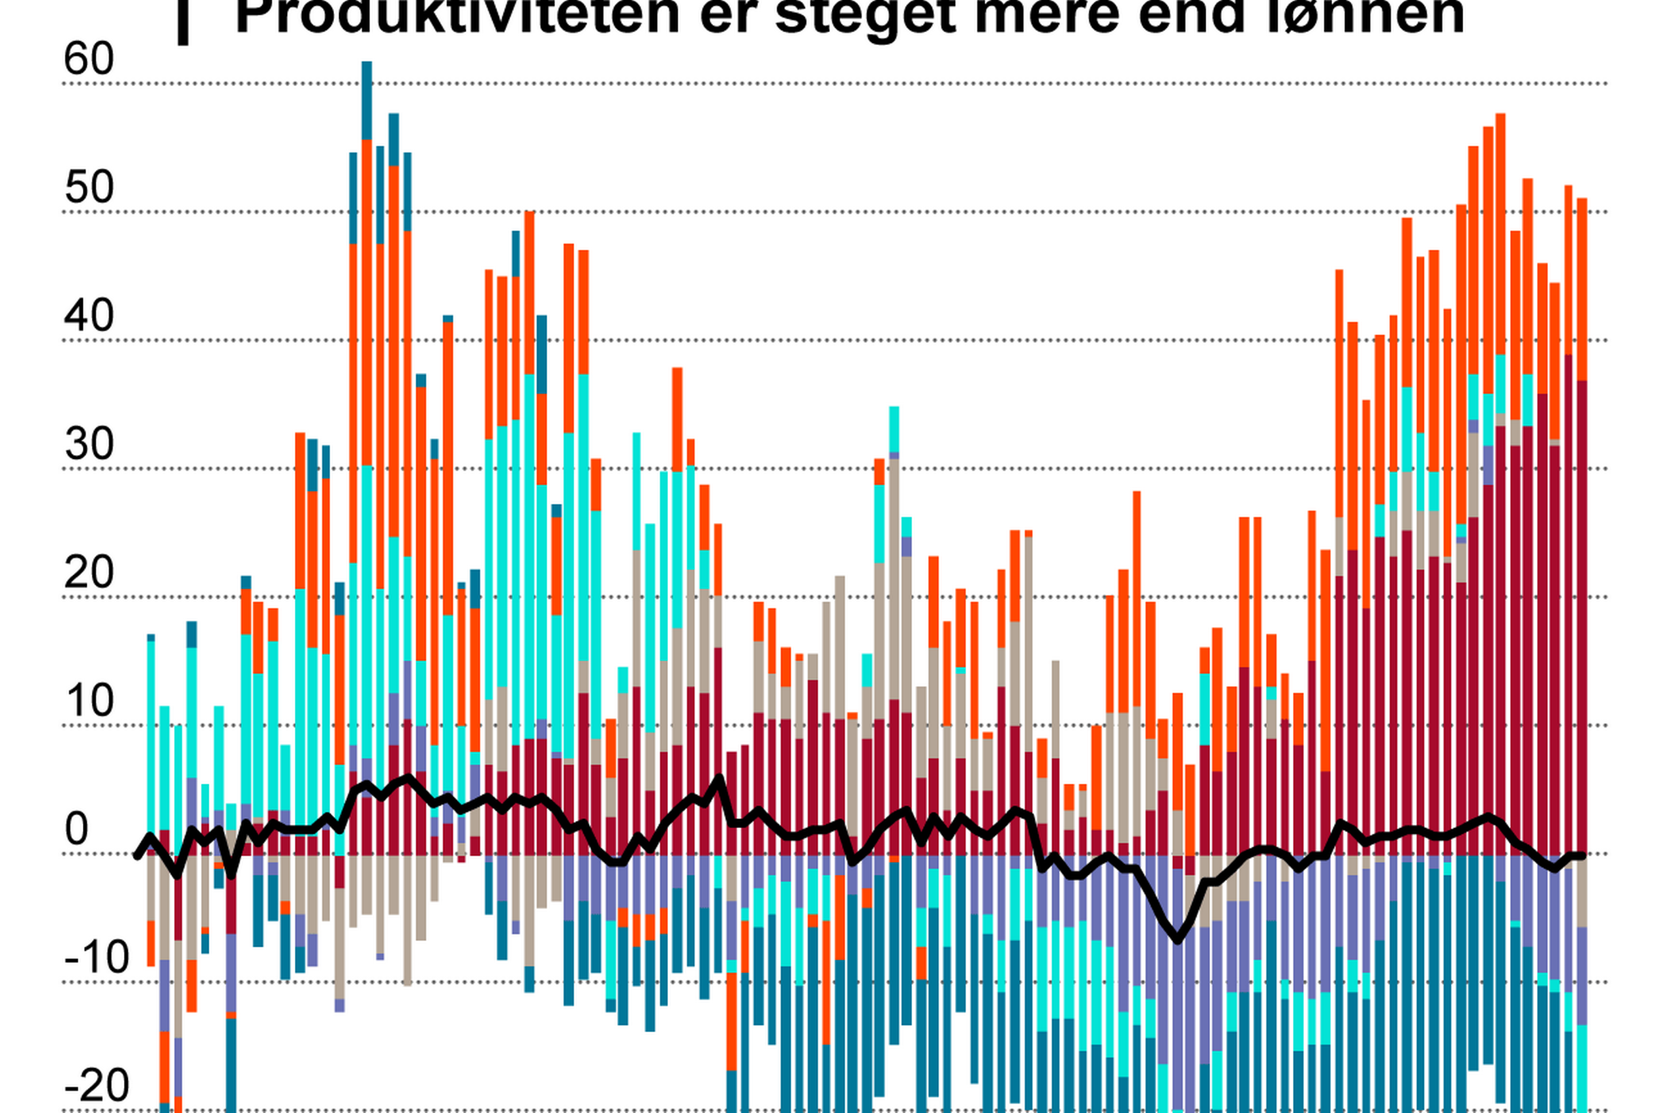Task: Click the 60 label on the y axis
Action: (x=89, y=59)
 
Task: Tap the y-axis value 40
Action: (x=89, y=317)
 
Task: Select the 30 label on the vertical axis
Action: (x=89, y=445)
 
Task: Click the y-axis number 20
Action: (x=89, y=574)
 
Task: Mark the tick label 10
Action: (x=89, y=702)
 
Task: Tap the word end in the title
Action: (x=1190, y=16)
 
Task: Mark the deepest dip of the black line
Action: (x=1177, y=940)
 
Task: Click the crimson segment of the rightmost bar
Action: (x=1582, y=617)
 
